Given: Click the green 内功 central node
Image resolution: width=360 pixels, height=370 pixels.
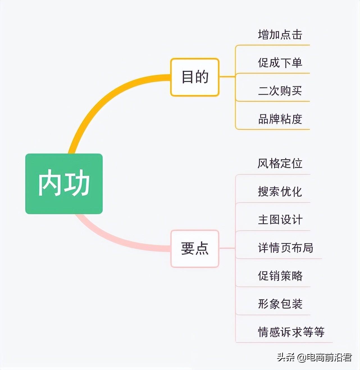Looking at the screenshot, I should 64,184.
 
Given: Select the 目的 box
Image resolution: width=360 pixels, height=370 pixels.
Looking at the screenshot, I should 195,77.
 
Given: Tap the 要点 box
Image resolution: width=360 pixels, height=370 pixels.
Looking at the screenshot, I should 195,248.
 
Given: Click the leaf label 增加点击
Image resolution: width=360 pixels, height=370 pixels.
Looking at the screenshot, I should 280,35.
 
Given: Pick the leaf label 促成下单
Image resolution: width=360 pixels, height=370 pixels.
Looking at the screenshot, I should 280,62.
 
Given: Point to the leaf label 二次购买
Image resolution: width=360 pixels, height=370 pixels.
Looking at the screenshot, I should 280,91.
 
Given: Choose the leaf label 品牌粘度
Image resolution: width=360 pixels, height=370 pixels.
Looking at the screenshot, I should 280,119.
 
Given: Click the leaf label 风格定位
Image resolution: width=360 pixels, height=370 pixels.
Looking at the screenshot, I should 280,163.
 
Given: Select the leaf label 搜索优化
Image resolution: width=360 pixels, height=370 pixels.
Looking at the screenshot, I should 280,191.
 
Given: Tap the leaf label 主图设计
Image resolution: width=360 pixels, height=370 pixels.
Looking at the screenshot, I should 280,220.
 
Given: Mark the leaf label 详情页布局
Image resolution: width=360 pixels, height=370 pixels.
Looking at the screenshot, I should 285,248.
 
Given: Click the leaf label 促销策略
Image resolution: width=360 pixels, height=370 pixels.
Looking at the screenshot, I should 280,276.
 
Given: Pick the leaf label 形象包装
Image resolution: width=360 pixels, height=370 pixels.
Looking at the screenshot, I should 280,304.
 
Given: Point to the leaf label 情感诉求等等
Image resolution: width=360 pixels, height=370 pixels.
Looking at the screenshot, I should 291,332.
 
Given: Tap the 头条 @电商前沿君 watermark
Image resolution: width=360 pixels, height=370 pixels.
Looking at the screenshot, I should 314,358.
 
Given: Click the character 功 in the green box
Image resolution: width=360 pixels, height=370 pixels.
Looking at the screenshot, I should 77,184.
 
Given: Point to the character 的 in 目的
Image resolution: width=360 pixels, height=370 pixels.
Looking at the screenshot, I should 202,77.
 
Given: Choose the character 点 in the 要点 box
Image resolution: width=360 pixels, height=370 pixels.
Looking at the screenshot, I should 202,248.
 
